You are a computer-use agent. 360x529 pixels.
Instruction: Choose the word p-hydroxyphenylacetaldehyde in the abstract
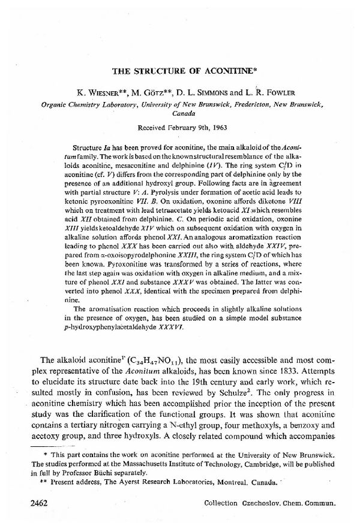tap(105, 328)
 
